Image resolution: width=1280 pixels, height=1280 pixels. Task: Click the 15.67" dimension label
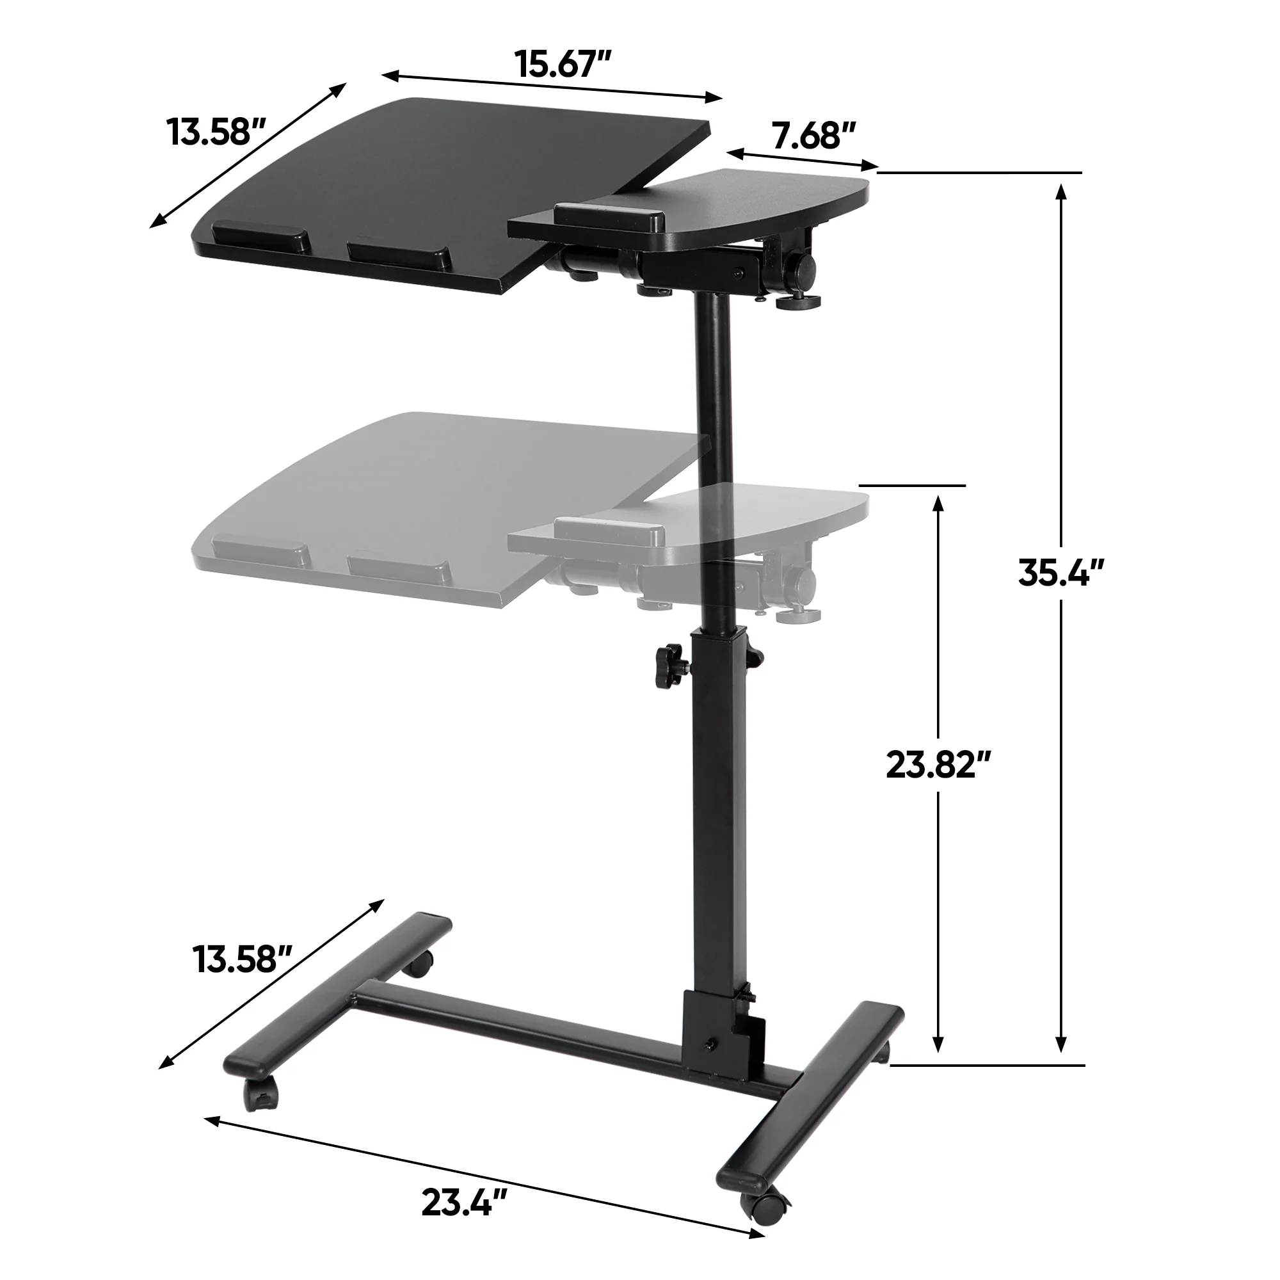click(563, 64)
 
